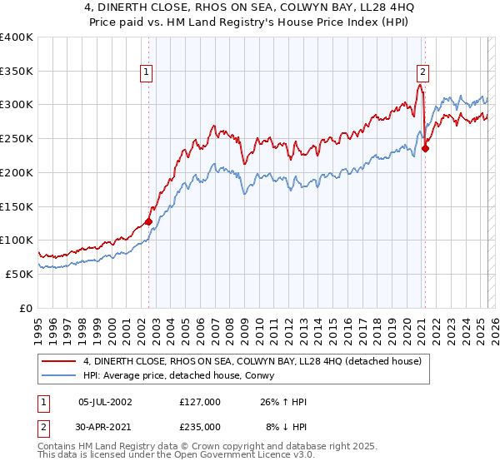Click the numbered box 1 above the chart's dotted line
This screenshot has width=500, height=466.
click(146, 72)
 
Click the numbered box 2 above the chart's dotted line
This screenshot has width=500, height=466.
click(423, 72)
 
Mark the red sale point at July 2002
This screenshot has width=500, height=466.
click(148, 221)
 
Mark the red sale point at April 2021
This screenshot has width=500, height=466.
click(425, 149)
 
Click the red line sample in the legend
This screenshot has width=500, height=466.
click(59, 361)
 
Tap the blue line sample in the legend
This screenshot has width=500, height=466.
click(59, 375)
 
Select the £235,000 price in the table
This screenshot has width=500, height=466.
click(200, 426)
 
